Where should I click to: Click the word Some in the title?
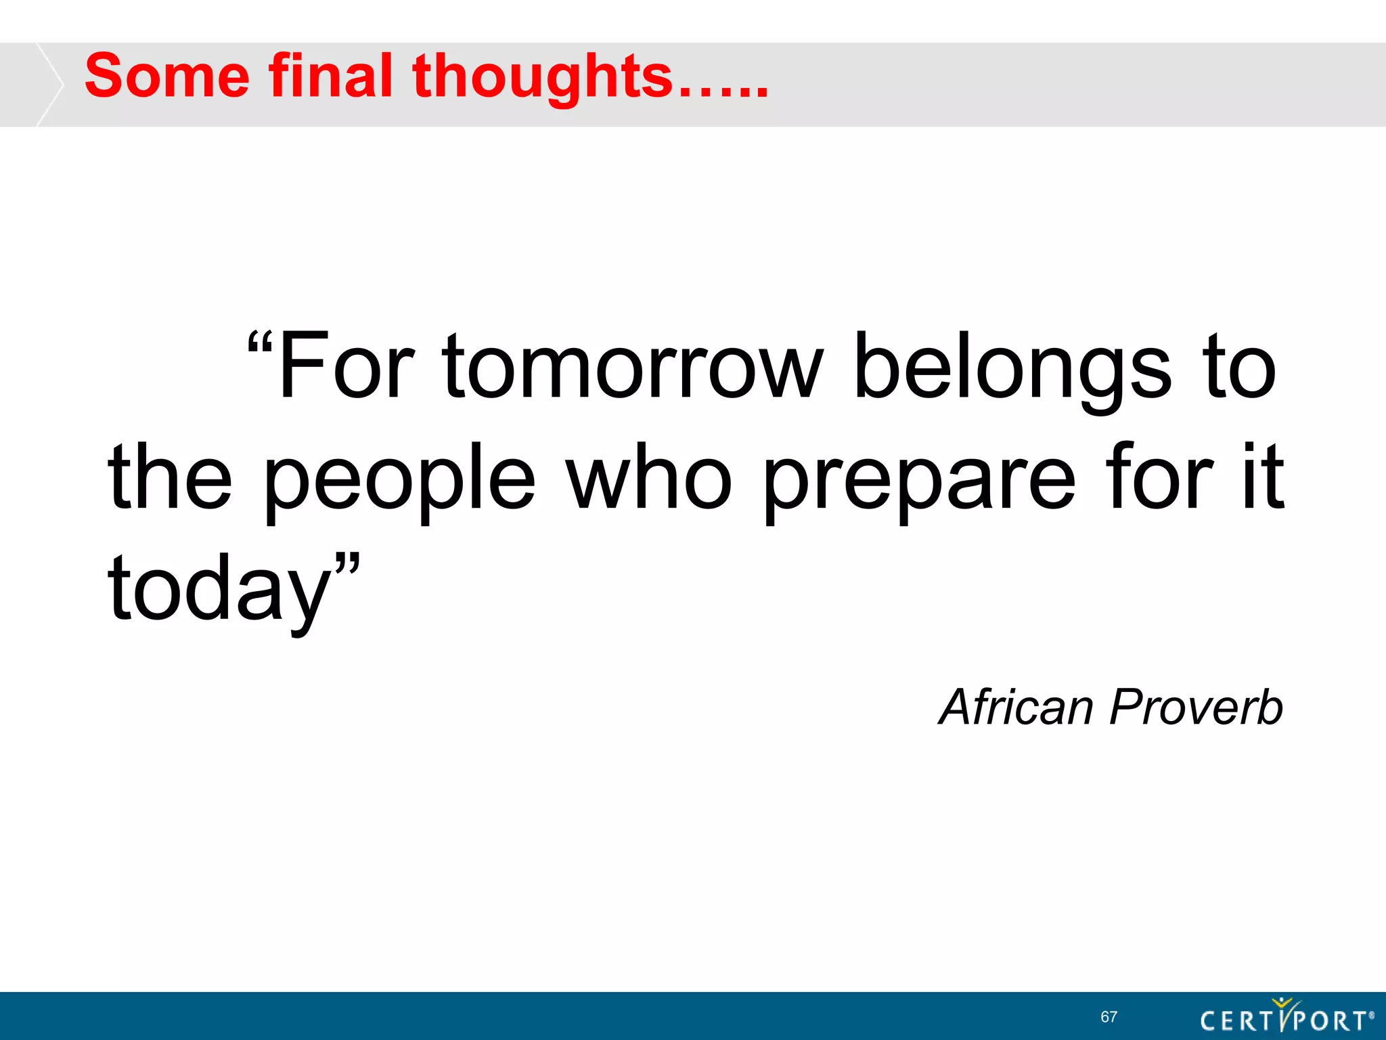tap(166, 77)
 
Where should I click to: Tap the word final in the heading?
tap(330, 77)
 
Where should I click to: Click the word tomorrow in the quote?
tap(632, 367)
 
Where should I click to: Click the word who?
tap(649, 477)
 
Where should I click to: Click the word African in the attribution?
tap(1016, 708)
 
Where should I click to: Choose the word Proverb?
tap(1197, 708)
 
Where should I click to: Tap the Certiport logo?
tap(1286, 1018)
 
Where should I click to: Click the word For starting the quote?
tap(345, 367)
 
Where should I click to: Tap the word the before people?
tap(170, 477)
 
